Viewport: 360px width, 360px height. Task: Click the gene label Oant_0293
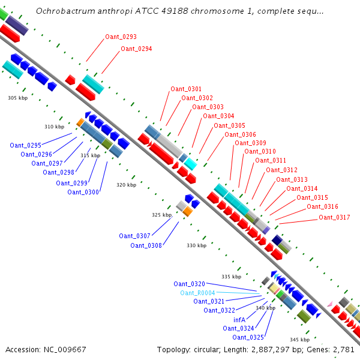tap(121, 37)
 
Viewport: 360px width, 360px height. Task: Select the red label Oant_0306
tap(240, 134)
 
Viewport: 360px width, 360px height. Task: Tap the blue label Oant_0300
tap(83, 192)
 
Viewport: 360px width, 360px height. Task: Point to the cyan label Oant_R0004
tap(197, 293)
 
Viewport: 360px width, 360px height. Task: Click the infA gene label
tap(239, 320)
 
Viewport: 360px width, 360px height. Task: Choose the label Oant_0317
tap(334, 217)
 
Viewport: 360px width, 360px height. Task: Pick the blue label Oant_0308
tap(146, 245)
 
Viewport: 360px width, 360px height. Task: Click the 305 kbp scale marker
tap(17, 98)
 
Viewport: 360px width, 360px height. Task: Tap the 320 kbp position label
tap(126, 185)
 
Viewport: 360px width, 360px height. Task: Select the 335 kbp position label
tap(231, 277)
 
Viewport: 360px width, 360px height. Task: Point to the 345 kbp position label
tap(299, 340)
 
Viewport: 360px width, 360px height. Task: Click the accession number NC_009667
tap(65, 350)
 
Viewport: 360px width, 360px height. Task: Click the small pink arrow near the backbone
tap(330, 304)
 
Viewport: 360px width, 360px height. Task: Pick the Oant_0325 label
tap(248, 337)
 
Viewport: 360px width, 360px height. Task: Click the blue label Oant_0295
tap(25, 145)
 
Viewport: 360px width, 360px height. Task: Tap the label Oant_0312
tap(281, 170)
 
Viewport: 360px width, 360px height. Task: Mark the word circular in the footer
tap(206, 350)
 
